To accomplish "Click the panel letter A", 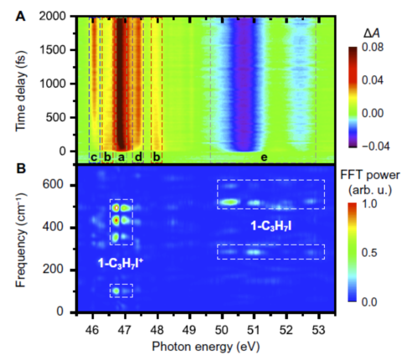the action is pyautogui.click(x=20, y=17).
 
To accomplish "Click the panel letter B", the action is pyautogui.click(x=21, y=169).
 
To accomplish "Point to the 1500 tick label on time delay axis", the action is pyautogui.click(x=54, y=50).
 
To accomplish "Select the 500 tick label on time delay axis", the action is pyautogui.click(x=57, y=117).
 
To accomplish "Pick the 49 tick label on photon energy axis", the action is pyautogui.click(x=189, y=330).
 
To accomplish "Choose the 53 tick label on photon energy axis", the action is pyautogui.click(x=319, y=330).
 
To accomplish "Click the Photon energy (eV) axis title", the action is pyautogui.click(x=206, y=347).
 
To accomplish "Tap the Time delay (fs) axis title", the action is pyautogui.click(x=21, y=91).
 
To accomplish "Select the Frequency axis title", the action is pyautogui.click(x=21, y=239).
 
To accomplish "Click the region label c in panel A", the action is pyautogui.click(x=94, y=157).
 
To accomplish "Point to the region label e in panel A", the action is pyautogui.click(x=264, y=157).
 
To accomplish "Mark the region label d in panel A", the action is pyautogui.click(x=138, y=157).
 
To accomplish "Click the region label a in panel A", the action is pyautogui.click(x=121, y=157).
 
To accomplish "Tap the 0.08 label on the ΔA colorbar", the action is pyautogui.click(x=373, y=48).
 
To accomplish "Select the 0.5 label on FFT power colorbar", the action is pyautogui.click(x=371, y=253).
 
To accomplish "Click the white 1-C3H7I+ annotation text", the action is pyautogui.click(x=121, y=263).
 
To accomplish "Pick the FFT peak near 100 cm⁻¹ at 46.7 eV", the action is pyautogui.click(x=116, y=291).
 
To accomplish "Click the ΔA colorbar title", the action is pyautogui.click(x=372, y=33).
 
